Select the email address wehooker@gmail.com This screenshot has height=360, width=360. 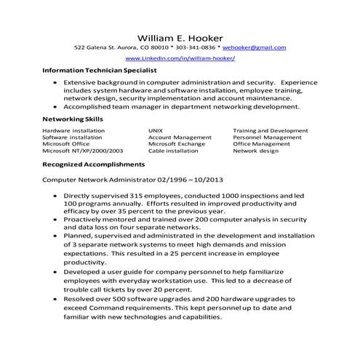tap(255, 47)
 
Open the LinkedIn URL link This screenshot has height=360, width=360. tap(180, 57)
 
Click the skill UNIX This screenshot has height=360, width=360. tap(156, 130)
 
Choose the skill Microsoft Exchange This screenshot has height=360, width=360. tap(177, 144)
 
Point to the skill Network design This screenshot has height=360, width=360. tap(255, 151)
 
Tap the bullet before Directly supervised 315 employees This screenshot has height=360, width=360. tap(56, 196)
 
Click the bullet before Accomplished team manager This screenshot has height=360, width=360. tap(56, 106)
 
